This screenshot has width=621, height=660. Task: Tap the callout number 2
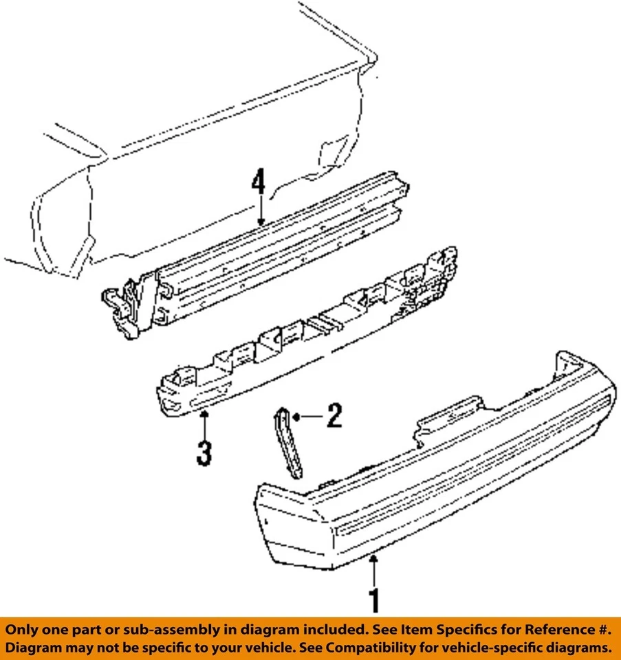pyautogui.click(x=334, y=416)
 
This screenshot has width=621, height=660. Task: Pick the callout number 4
pyautogui.click(x=258, y=184)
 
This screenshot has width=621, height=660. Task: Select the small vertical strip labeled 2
pyautogui.click(x=290, y=443)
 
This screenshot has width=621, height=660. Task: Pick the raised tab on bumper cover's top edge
pyautogui.click(x=447, y=411)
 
